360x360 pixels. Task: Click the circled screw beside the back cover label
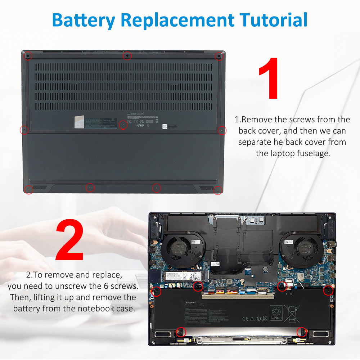coord(123,125)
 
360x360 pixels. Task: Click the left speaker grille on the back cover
coord(40,188)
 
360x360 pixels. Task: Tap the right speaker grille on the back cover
coord(206,188)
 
